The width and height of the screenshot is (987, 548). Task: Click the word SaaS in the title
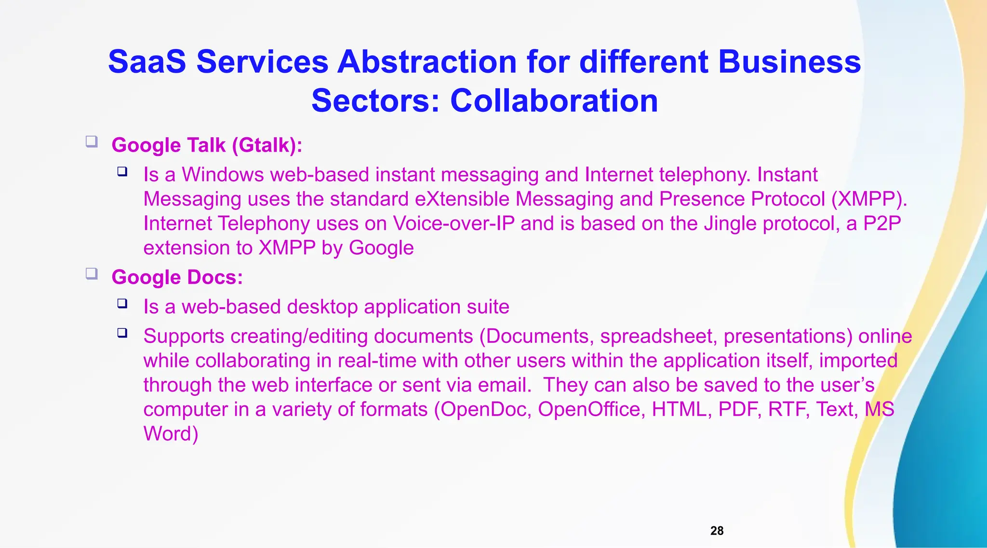click(147, 62)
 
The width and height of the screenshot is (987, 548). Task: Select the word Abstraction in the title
click(427, 62)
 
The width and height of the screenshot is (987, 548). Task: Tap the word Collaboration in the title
click(554, 101)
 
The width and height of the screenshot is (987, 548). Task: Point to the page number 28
click(717, 531)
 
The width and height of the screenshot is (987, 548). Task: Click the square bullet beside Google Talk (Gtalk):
click(92, 142)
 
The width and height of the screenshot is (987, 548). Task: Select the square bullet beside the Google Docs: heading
click(92, 274)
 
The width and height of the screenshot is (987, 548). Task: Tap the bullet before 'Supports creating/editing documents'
click(122, 333)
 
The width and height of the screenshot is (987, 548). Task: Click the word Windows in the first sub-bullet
click(223, 174)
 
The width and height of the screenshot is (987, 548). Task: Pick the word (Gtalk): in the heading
click(267, 145)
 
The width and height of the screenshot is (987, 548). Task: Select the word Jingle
click(730, 223)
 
